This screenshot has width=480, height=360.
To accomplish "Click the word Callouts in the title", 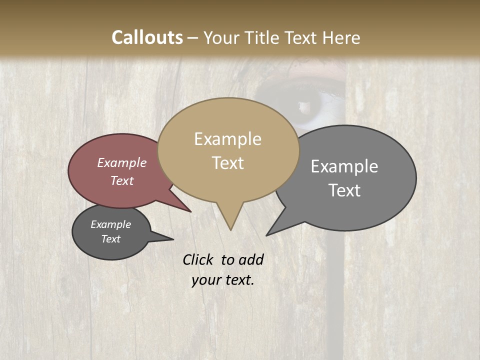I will point(147,37).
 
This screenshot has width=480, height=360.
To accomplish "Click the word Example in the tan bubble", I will point(227,139).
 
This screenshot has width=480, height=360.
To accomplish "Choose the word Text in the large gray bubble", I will point(344,190).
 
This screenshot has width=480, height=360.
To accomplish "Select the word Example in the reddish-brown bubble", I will point(122,163).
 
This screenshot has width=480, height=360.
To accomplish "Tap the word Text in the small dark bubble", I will point(111,239).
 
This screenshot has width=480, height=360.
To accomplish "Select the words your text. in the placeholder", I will point(222,280).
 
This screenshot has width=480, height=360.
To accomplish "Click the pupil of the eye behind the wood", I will point(303,105).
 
